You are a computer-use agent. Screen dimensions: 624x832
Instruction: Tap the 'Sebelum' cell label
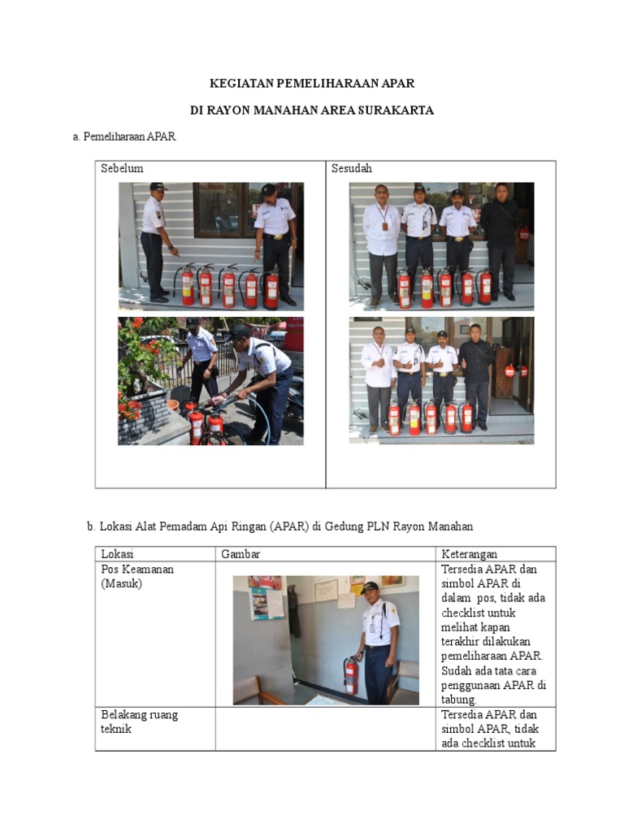122,168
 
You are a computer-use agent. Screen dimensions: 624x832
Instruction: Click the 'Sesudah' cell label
352,168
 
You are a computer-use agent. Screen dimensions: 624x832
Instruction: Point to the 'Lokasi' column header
117,554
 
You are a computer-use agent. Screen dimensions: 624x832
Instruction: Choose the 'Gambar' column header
240,554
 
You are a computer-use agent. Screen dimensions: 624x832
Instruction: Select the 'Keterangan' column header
470,554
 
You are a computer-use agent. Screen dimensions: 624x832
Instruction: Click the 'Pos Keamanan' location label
137,570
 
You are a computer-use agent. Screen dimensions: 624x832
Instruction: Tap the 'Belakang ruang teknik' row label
140,721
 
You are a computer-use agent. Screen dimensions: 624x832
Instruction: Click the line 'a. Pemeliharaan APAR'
124,136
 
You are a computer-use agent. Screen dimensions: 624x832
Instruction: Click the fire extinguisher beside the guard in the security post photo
350,675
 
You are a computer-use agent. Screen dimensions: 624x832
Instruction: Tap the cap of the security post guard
370,587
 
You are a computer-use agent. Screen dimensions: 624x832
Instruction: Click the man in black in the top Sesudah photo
500,241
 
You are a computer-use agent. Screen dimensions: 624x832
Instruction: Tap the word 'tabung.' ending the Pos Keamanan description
459,700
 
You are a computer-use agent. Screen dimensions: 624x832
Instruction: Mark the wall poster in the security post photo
266,597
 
